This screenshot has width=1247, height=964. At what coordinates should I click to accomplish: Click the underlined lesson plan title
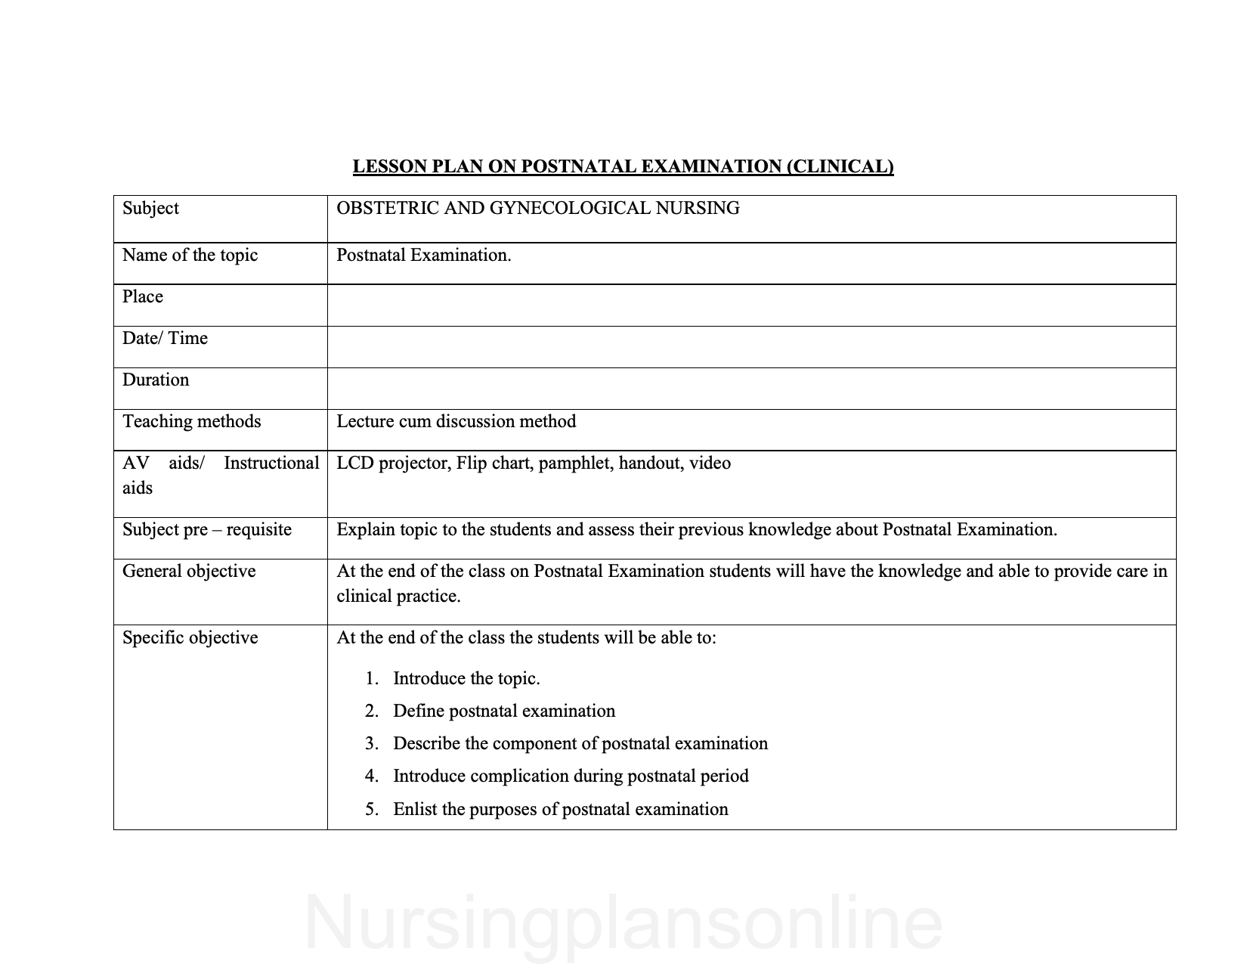tap(623, 166)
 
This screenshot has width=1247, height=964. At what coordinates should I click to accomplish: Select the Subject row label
tap(150, 208)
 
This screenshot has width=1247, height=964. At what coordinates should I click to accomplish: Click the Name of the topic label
tap(190, 255)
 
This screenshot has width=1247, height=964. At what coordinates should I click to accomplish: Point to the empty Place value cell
tap(751, 305)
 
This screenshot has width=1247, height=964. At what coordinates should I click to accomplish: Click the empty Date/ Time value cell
tap(751, 346)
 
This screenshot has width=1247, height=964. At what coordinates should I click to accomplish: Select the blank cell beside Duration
tap(751, 388)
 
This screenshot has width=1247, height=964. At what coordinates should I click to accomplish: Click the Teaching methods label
tap(191, 421)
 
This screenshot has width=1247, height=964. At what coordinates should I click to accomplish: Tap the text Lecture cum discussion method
tap(456, 421)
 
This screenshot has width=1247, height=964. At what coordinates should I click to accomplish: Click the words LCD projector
tap(393, 463)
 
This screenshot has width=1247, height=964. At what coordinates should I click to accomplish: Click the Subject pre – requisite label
tap(206, 529)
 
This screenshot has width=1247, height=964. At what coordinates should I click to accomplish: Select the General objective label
tap(189, 571)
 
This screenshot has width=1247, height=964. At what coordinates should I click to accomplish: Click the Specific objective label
tap(190, 637)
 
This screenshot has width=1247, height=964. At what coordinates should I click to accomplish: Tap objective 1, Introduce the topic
tap(466, 678)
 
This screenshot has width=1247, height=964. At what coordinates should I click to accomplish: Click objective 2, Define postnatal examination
tap(504, 711)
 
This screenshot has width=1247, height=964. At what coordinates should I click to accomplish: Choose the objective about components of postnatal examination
tap(580, 743)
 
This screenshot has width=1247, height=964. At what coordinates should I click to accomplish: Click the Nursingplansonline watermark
tap(623, 922)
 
